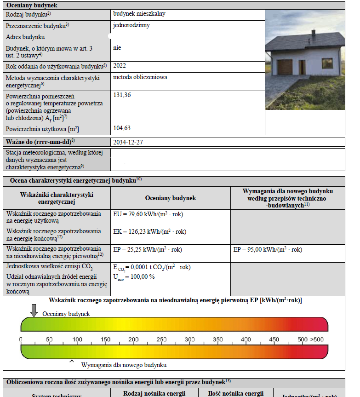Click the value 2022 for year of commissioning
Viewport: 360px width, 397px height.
coord(120,66)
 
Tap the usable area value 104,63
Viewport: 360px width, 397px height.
coord(122,128)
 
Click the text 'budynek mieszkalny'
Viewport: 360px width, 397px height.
coord(139,14)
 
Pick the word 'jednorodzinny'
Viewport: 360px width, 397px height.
coord(131,25)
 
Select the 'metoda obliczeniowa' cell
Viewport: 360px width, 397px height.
coord(140,77)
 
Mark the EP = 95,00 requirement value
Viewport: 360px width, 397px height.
coord(268,250)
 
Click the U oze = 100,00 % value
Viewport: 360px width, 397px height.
coord(133,277)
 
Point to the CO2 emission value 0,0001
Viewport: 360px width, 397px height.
coord(152,267)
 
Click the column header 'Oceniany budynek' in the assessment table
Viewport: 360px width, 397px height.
coord(170,198)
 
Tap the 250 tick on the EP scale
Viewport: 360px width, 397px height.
coord(161,339)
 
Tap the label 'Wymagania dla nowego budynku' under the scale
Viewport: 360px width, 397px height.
coord(124,365)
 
